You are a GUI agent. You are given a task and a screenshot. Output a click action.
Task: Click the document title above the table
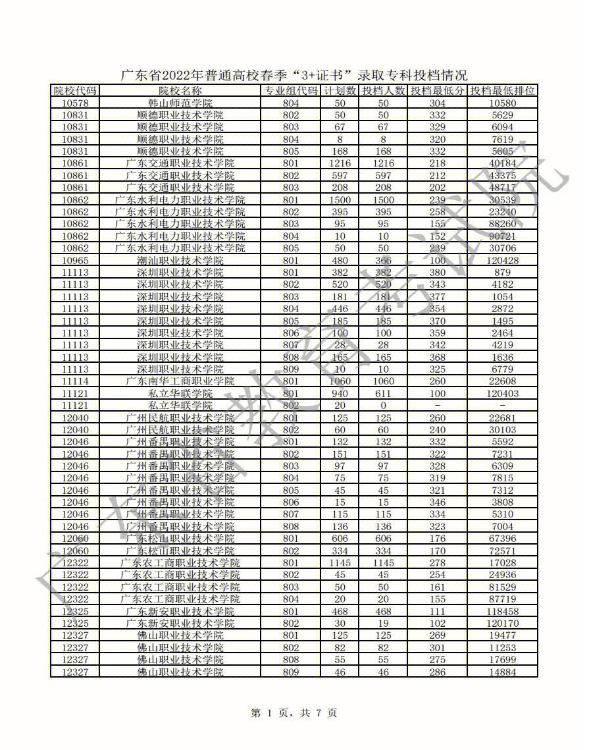tap(294, 74)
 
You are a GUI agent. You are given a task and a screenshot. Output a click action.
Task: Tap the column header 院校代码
tap(75, 91)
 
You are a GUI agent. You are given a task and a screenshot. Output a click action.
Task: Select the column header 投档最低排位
tap(503, 91)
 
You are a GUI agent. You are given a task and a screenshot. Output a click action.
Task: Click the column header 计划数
tap(340, 91)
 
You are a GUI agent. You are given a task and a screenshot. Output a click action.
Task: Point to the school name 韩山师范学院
tap(180, 103)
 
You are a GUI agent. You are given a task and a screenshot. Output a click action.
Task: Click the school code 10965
tap(75, 261)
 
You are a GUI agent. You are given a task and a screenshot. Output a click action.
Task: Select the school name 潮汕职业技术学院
tap(180, 261)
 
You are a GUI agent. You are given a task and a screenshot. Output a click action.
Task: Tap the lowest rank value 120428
tap(503, 261)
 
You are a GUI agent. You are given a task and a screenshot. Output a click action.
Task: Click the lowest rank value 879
tap(503, 273)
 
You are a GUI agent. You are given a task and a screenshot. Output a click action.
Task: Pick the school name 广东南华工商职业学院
tap(180, 381)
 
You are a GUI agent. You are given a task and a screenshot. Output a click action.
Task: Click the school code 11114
tap(75, 381)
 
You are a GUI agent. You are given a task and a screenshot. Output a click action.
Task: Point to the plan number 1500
tap(340, 200)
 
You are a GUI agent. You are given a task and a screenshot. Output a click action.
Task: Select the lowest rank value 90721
tap(503, 236)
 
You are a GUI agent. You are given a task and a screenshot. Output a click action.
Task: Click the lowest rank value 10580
tap(503, 103)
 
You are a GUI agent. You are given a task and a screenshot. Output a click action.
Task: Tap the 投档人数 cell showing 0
tap(383, 406)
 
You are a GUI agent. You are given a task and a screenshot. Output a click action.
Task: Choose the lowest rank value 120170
tap(503, 623)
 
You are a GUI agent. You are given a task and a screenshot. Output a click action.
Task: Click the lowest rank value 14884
tap(503, 672)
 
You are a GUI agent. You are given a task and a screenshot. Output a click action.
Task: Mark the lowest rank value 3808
tap(503, 502)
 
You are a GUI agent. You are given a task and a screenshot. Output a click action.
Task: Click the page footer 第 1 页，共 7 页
tap(294, 712)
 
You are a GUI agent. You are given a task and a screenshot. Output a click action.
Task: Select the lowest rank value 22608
tap(503, 381)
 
